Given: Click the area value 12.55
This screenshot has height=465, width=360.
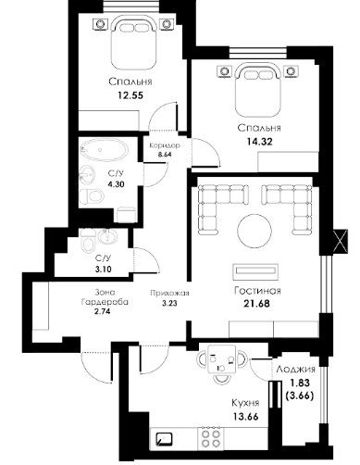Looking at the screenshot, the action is (x=130, y=95).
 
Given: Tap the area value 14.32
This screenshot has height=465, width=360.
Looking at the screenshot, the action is (x=259, y=142).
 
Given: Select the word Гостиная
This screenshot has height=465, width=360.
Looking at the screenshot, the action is (x=257, y=291).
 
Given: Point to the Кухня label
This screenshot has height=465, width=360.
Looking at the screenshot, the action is (x=245, y=403).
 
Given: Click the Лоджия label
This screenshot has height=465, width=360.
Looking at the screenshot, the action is (x=296, y=369).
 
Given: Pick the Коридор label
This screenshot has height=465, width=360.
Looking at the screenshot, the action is (x=165, y=145).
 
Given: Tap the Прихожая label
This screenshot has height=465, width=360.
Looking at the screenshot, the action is (x=169, y=294).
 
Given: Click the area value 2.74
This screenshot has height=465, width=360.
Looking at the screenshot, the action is (x=103, y=311).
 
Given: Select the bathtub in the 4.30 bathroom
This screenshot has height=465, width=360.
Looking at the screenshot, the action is (x=104, y=150).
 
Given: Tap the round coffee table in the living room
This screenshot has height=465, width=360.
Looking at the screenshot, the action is (x=254, y=231).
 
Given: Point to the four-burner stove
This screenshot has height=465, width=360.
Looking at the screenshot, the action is (x=211, y=437).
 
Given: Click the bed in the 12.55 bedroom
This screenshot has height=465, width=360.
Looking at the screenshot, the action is (x=132, y=43).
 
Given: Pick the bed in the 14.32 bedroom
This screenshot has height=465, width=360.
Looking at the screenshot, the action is (x=258, y=90).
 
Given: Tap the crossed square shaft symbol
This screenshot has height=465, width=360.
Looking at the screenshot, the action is (x=341, y=242).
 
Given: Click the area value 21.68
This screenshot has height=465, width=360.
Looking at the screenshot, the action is (x=256, y=304).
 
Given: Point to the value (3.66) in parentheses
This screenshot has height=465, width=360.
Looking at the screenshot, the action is (x=300, y=396).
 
